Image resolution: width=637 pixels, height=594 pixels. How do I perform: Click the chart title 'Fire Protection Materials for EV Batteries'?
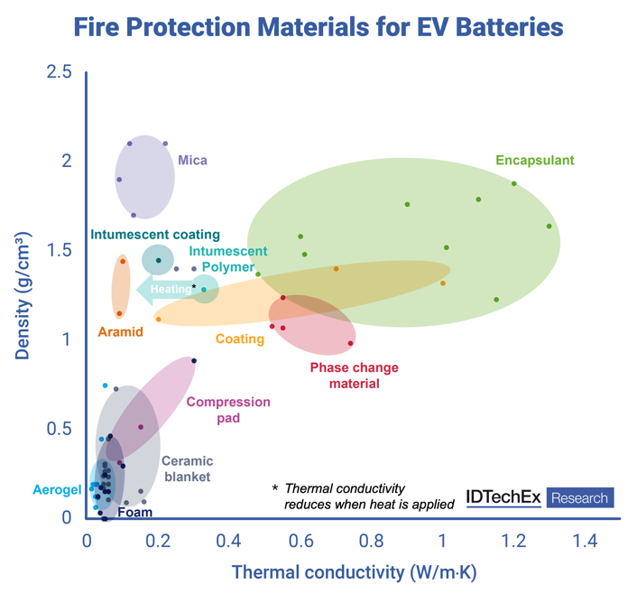pyautogui.click(x=318, y=28)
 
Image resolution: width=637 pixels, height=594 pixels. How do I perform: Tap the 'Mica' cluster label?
pyautogui.click(x=192, y=161)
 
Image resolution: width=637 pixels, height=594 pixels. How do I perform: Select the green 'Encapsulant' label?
pyautogui.click(x=535, y=161)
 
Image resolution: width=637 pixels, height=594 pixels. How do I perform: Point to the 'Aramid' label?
pyautogui.click(x=120, y=332)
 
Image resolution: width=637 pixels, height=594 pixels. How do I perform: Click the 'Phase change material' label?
pyautogui.click(x=354, y=376)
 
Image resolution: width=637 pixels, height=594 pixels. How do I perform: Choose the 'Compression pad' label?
pyautogui.click(x=228, y=410)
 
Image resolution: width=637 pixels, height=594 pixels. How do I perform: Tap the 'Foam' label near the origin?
pyautogui.click(x=134, y=512)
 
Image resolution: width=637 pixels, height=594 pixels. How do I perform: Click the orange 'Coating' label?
pyautogui.click(x=239, y=339)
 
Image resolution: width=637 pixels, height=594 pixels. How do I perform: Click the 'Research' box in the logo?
pyautogui.click(x=579, y=497)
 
